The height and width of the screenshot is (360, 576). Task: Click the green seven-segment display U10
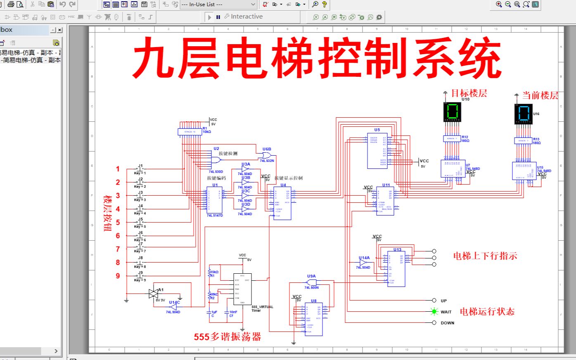coord(452,112)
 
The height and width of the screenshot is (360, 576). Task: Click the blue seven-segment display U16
coord(523,114)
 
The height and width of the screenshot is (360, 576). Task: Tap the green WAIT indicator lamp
coord(434,312)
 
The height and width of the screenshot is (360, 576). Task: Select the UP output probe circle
coord(434,301)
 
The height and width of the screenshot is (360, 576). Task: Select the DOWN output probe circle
coord(434,323)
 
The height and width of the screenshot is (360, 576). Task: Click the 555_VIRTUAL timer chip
coord(242,289)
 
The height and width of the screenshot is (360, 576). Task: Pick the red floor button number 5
coord(118,223)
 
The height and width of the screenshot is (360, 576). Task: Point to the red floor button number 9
coord(118,276)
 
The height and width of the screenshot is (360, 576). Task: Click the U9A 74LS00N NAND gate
coord(312,282)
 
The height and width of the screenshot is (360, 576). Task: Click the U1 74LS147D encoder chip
coord(215,200)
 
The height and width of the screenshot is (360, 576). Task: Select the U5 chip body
coord(377,150)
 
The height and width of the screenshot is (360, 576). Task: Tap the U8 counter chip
coord(314,319)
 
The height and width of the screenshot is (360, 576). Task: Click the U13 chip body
coord(396,269)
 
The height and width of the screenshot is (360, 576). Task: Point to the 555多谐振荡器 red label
coord(228,337)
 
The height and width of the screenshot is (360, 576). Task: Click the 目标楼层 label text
coord(469,93)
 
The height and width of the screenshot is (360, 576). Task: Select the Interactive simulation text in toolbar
coord(247,17)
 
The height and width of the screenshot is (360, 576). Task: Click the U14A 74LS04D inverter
coord(363,263)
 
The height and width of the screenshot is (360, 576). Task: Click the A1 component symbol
coord(153,294)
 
